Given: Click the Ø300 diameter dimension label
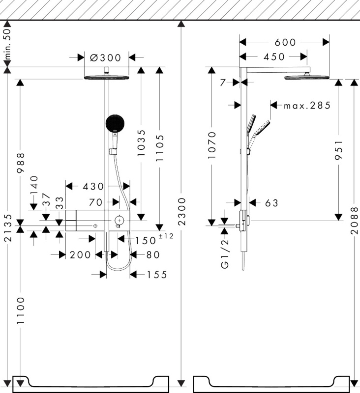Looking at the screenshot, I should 106,57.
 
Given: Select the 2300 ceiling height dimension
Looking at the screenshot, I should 182,212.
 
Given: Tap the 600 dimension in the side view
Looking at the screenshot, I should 285,43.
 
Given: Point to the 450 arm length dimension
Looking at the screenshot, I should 274,57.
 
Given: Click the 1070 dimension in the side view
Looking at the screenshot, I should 211,145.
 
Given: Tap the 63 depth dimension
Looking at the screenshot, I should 271,202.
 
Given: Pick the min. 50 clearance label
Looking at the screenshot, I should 7,45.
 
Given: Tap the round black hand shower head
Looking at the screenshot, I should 116,123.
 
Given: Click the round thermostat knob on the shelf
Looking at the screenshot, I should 119,220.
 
